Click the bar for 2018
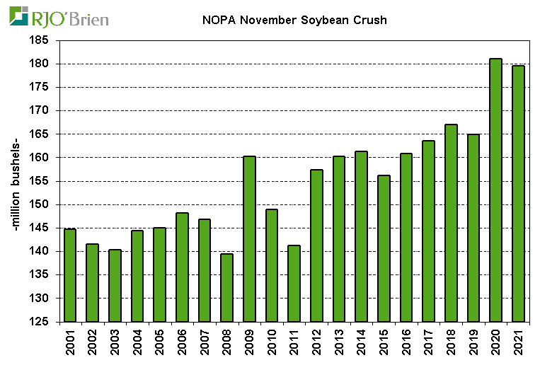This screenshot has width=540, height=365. click(x=451, y=223)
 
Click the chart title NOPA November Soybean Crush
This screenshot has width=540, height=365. click(x=290, y=20)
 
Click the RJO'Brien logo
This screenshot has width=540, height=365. click(x=59, y=16)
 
